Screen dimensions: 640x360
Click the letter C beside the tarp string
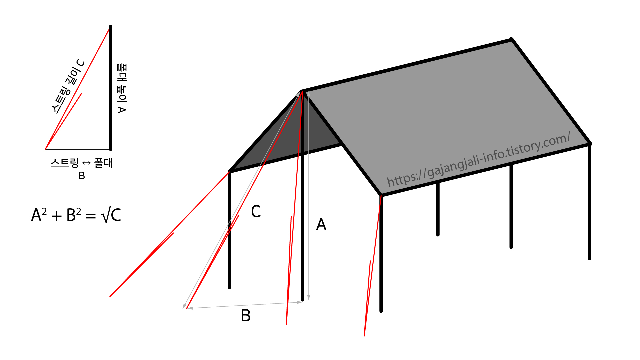[x=256, y=211]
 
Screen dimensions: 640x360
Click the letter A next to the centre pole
[x=321, y=224]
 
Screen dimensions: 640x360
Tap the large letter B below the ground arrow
[x=246, y=315]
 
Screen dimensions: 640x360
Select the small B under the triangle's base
[x=82, y=176]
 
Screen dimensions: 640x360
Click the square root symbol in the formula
[x=105, y=215]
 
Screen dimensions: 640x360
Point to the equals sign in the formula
[x=91, y=216]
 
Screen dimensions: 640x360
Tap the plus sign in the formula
[x=57, y=216]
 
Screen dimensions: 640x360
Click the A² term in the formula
[x=39, y=215]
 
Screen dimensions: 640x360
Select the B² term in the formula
[x=74, y=215]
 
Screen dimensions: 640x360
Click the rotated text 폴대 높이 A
[x=122, y=88]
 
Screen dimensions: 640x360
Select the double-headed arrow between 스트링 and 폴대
[x=86, y=163]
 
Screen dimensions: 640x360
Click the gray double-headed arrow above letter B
[x=245, y=305]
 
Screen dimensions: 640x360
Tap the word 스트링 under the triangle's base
[x=65, y=163]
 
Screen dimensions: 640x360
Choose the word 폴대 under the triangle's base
[x=103, y=163]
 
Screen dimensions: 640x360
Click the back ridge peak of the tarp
[x=511, y=40]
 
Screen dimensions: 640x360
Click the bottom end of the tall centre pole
[x=303, y=299]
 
